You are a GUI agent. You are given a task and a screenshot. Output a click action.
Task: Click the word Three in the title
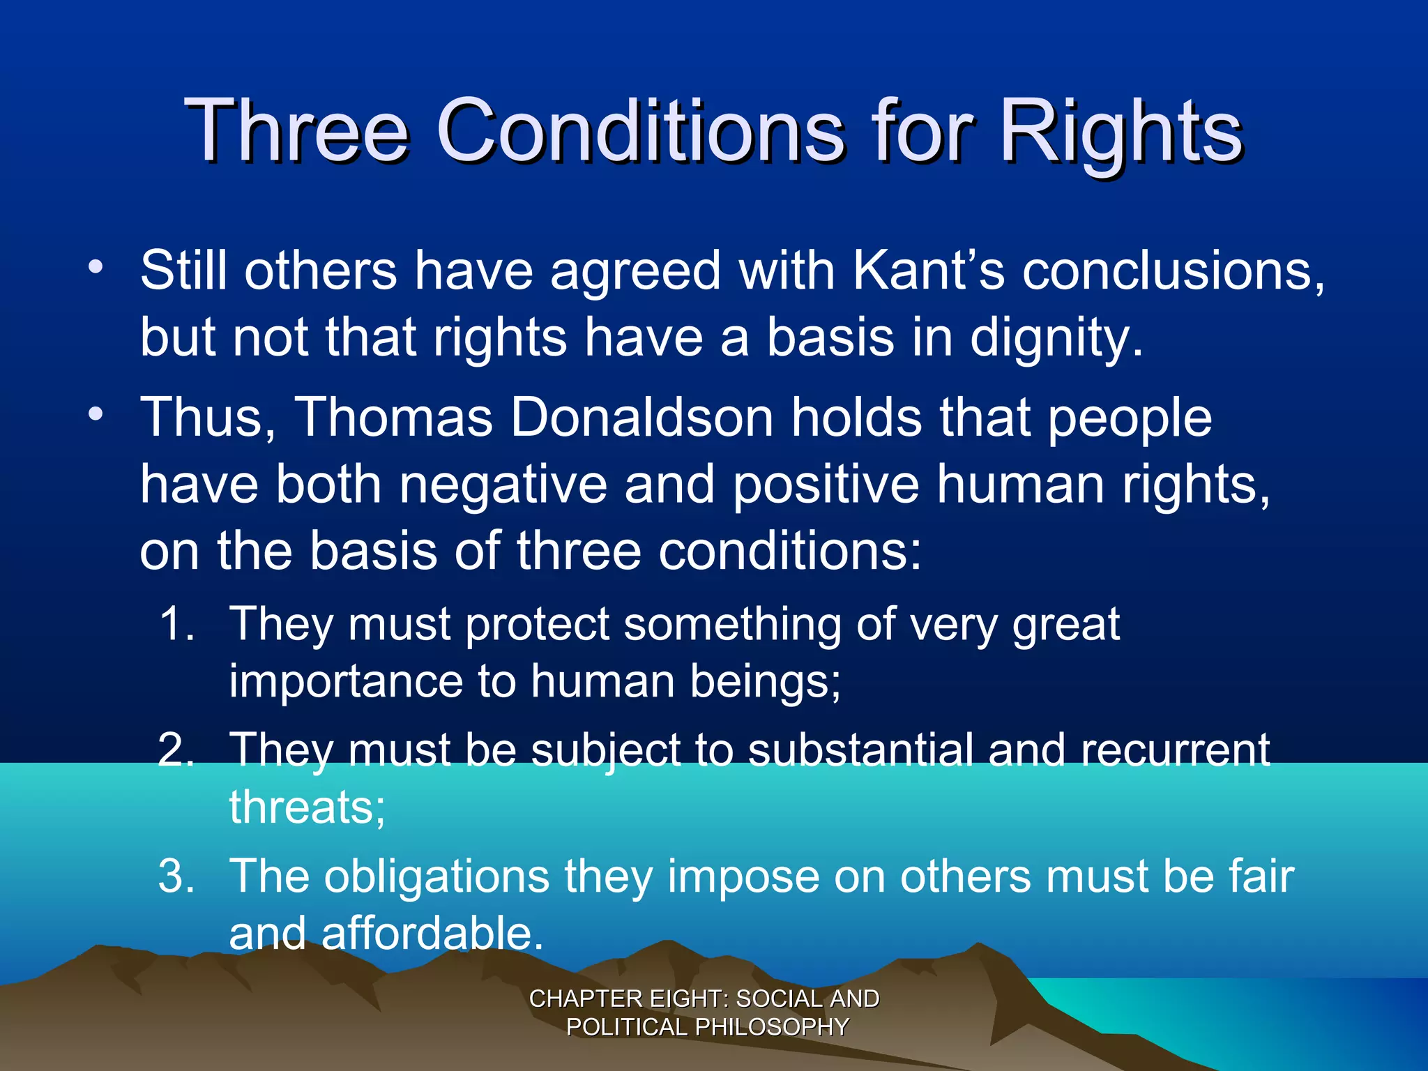point(296,130)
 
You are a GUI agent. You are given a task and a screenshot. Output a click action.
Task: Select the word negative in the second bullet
point(503,485)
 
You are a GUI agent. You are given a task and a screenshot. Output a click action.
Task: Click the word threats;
point(307,807)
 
